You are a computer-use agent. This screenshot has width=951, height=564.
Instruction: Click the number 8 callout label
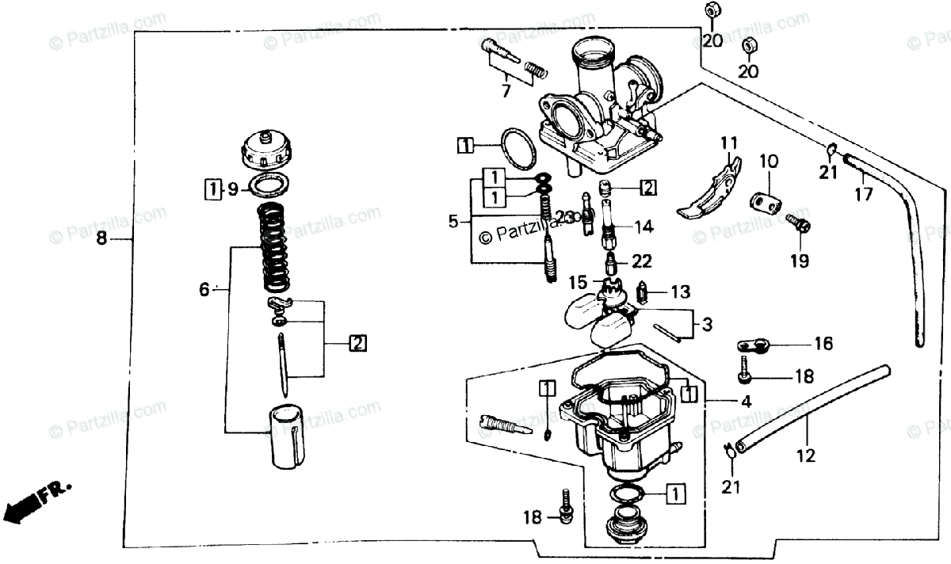[x=101, y=238]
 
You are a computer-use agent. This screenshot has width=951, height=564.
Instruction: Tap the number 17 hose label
[x=865, y=193]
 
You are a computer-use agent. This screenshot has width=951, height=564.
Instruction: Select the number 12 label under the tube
[x=805, y=455]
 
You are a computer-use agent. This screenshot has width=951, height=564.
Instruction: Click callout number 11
[x=729, y=143]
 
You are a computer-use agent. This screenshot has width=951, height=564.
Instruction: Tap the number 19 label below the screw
[x=799, y=260]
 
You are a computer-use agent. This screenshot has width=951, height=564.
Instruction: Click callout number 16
[x=823, y=343]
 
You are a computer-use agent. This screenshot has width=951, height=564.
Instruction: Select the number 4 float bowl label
[x=746, y=401]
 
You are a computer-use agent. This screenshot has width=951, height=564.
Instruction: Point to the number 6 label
[x=204, y=291]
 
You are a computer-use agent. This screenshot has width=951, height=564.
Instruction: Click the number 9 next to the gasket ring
[x=232, y=189]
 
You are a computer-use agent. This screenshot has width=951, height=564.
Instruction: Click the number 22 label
[x=641, y=261]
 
